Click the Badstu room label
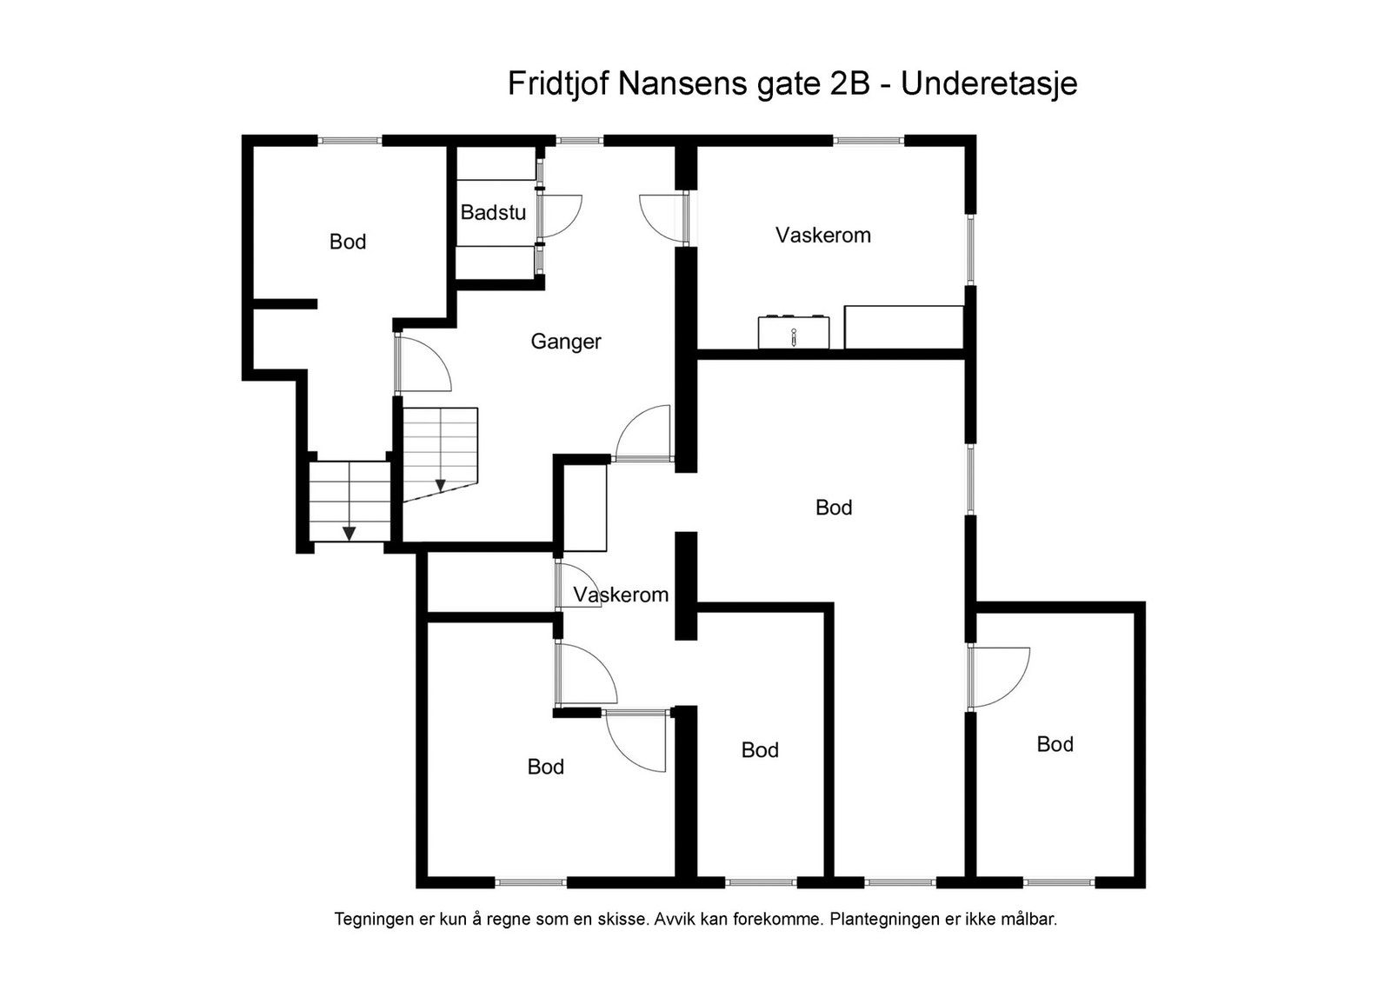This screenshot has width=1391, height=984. point(493,212)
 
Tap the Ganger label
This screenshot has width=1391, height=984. point(566,342)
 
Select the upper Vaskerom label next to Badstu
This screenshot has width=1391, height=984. point(822,235)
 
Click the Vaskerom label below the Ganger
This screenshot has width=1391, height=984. point(621,595)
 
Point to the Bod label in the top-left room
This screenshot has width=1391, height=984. point(348,242)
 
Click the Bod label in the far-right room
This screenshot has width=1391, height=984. point(1055,744)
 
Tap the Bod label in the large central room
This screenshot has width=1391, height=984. point(834,508)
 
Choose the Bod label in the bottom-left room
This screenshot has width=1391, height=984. point(545,767)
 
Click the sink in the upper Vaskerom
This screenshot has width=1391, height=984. point(793,332)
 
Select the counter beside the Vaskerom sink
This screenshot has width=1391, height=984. point(903,327)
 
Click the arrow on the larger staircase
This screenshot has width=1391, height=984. point(441,485)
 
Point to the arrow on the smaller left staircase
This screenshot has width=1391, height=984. point(349,533)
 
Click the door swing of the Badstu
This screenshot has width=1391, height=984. point(561,216)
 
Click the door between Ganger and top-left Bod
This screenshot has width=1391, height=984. point(423,364)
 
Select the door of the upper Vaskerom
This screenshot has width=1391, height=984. point(662,217)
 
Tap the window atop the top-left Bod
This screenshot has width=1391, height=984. point(349,140)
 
